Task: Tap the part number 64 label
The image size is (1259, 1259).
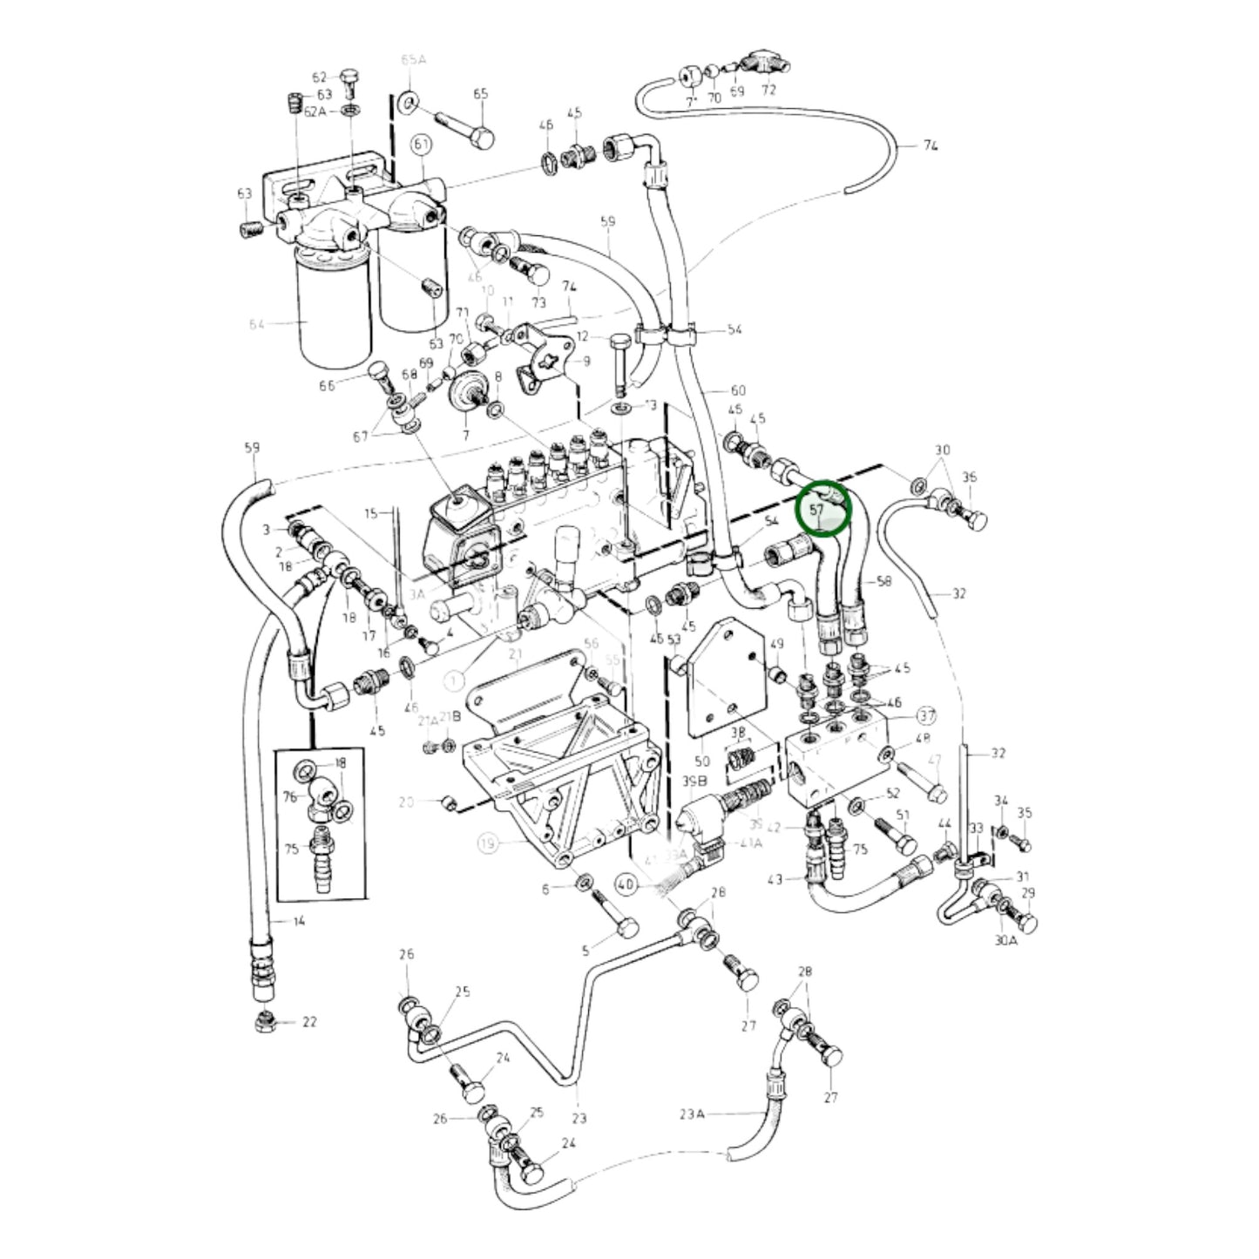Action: [257, 325]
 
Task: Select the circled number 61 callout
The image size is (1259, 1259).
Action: [422, 144]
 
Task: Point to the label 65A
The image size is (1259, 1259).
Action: [413, 60]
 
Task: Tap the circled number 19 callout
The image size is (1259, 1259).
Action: [488, 843]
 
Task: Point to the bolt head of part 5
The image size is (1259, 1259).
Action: [626, 929]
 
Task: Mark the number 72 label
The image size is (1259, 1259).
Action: [768, 90]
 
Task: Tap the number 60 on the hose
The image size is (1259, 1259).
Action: [738, 389]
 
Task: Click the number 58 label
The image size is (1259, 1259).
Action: [883, 581]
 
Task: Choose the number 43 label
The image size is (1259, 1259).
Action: [775, 879]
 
